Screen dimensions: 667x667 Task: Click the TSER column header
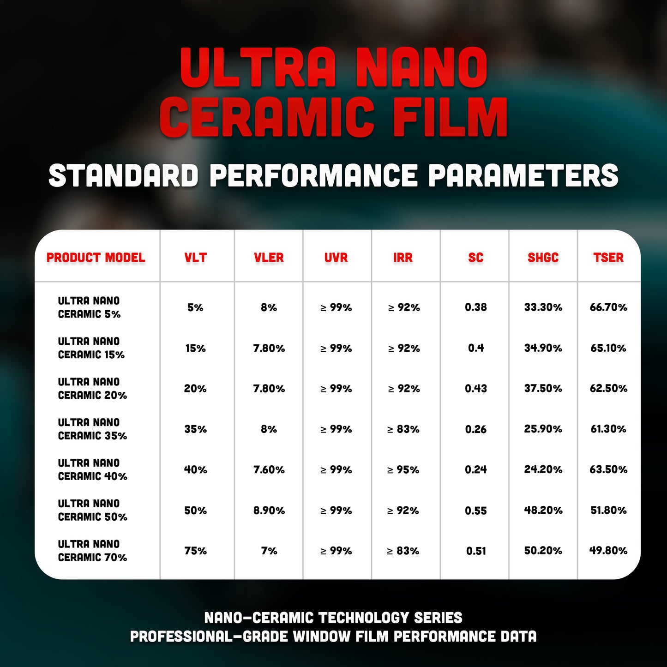tap(608, 258)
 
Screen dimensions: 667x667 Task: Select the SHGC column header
tap(543, 258)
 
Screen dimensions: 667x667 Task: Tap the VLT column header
tap(195, 258)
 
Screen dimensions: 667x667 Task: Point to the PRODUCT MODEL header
tap(96, 258)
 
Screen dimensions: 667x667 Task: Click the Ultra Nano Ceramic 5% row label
tap(89, 307)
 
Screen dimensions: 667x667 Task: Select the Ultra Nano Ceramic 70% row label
tap(92, 551)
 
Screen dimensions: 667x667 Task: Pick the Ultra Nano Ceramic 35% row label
tap(92, 429)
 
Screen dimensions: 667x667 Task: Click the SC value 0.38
tap(475, 307)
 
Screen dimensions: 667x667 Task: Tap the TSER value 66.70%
tap(608, 307)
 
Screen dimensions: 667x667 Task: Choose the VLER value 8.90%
tap(269, 511)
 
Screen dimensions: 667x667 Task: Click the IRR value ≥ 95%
tap(403, 470)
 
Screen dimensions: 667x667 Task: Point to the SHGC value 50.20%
tap(543, 551)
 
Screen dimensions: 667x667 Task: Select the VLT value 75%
tap(195, 551)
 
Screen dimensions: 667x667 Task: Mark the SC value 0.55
tap(475, 511)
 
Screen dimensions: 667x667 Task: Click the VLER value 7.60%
tap(269, 470)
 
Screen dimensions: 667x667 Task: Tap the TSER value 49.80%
tap(608, 551)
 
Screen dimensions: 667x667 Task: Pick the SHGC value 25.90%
tap(543, 429)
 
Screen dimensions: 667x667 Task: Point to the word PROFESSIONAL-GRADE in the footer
tap(208, 637)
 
